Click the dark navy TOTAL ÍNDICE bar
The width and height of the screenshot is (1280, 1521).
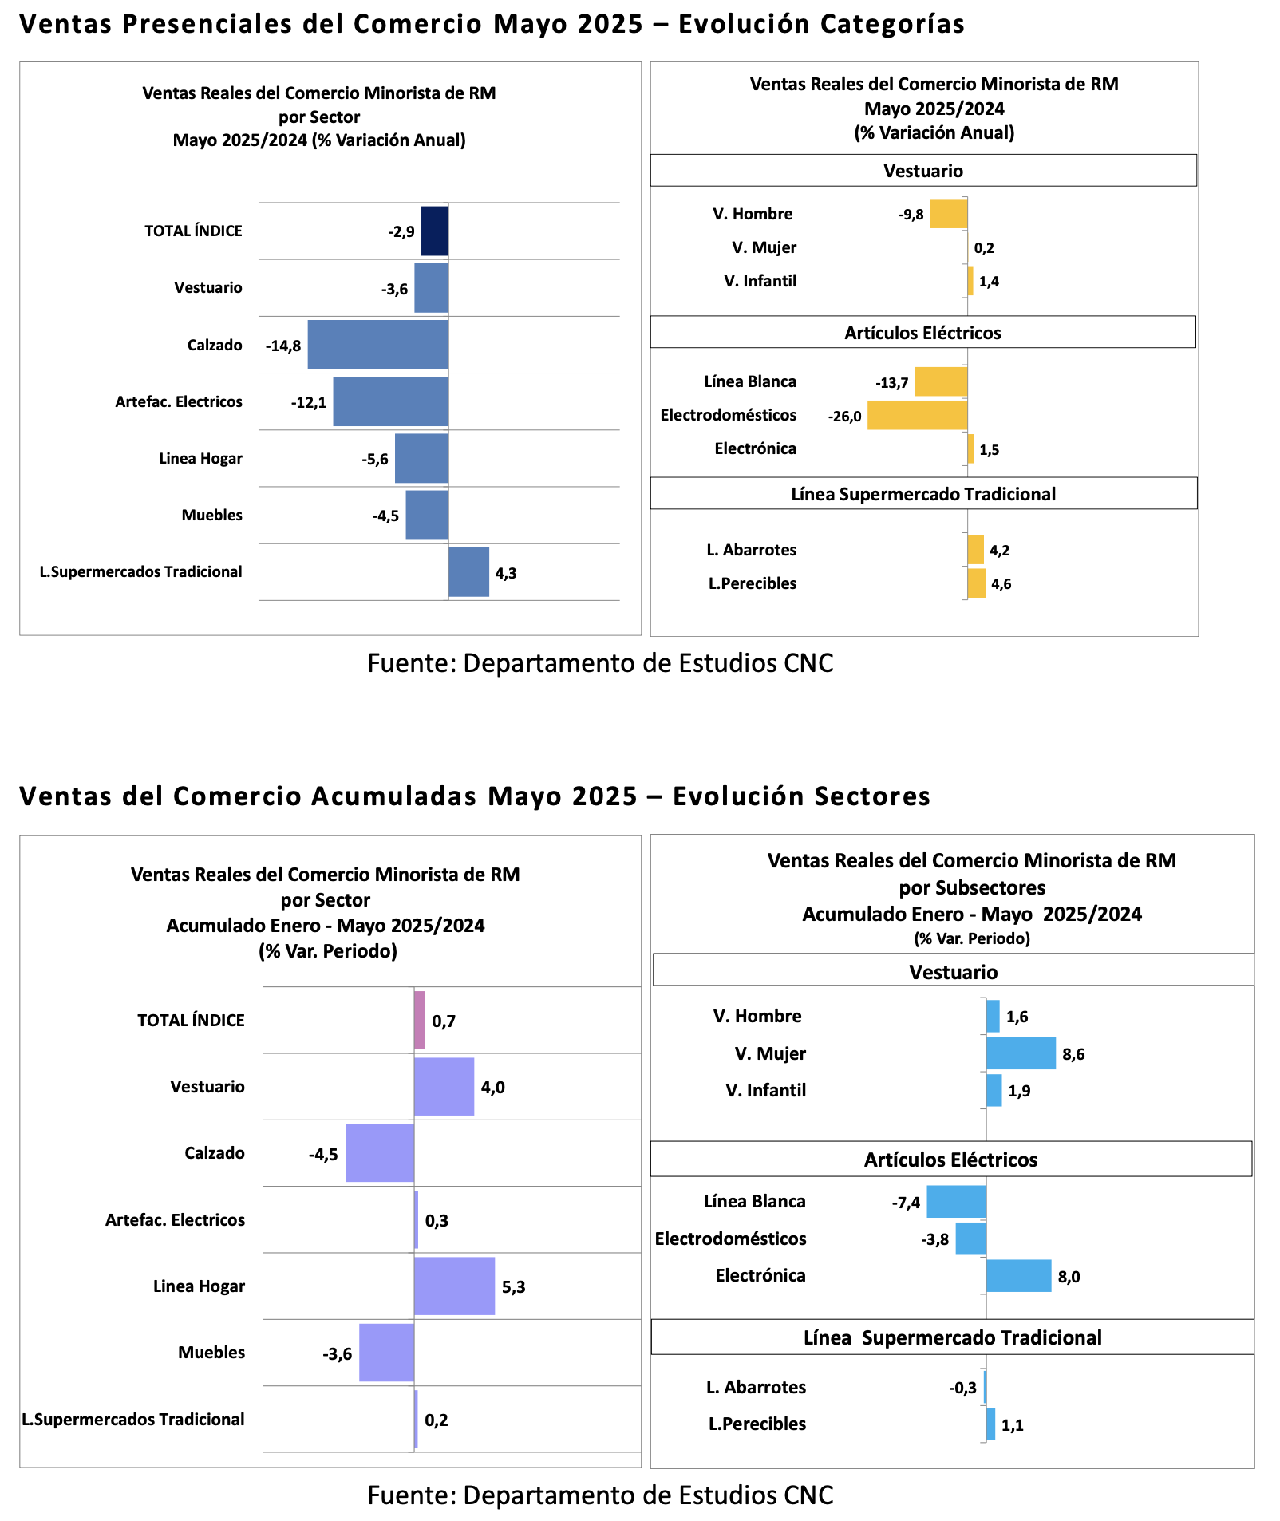click(435, 231)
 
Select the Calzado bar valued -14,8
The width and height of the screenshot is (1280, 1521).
click(378, 345)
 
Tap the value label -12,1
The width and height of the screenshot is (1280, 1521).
click(309, 402)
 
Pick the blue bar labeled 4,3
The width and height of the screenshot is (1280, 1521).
click(468, 571)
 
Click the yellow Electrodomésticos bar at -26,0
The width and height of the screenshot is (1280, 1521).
click(918, 415)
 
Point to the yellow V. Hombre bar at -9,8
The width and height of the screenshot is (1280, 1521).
click(949, 214)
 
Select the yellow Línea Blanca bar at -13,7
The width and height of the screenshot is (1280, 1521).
click(942, 381)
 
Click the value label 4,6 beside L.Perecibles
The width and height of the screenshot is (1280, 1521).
click(1001, 584)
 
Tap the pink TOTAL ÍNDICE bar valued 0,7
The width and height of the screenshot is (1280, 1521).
click(420, 1020)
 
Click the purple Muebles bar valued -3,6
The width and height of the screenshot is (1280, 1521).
click(387, 1353)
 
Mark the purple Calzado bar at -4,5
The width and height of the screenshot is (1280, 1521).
click(380, 1153)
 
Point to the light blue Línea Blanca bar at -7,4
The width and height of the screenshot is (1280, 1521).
click(957, 1201)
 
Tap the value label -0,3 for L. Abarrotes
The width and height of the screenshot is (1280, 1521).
click(962, 1388)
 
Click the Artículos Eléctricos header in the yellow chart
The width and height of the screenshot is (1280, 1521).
click(923, 333)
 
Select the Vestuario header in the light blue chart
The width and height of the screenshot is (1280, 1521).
click(954, 972)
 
